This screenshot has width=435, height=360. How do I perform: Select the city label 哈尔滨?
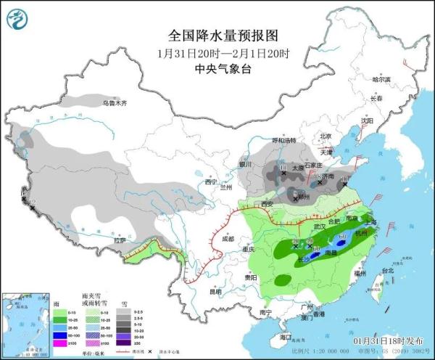[381, 79]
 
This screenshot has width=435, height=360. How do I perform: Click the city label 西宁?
[211, 182]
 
